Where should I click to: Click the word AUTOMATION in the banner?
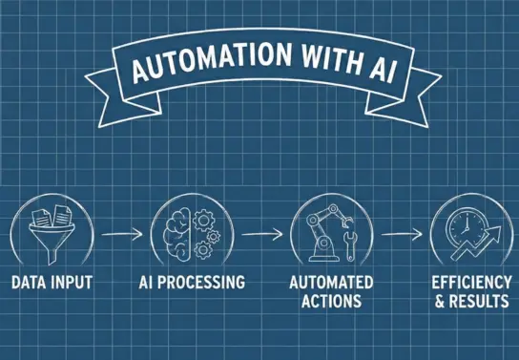tap(191, 70)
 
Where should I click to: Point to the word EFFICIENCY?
tap(469, 284)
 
